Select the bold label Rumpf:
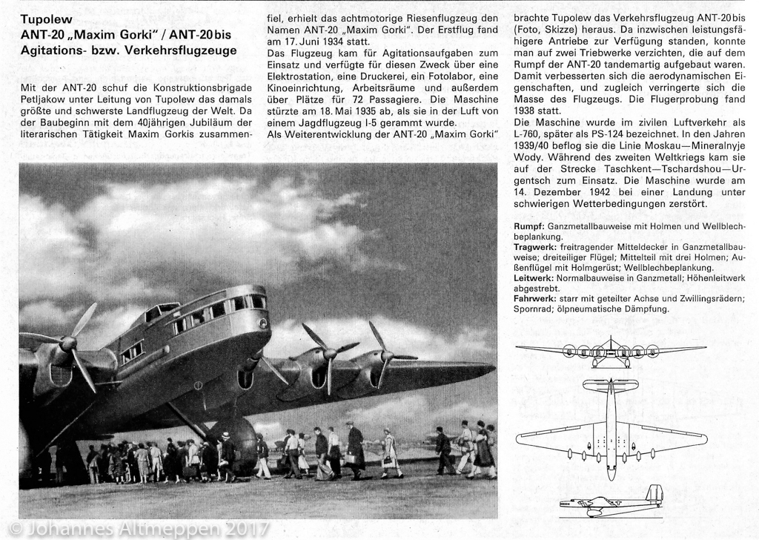point(530,225)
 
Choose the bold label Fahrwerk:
point(536,297)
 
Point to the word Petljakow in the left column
point(42,100)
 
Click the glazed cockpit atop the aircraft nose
point(170,311)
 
